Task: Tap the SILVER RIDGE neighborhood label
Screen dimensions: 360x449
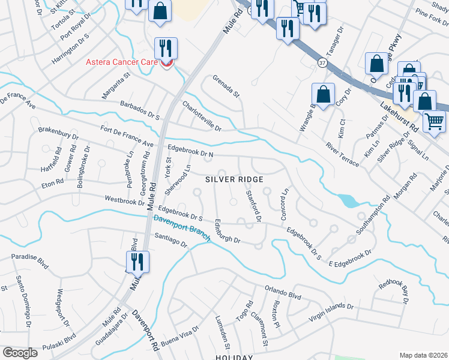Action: (234, 179)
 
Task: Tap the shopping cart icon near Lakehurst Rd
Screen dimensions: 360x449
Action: (434, 121)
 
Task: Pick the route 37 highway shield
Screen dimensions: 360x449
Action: (322, 62)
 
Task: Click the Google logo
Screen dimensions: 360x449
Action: (20, 353)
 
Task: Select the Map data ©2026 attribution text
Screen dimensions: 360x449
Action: (423, 355)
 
